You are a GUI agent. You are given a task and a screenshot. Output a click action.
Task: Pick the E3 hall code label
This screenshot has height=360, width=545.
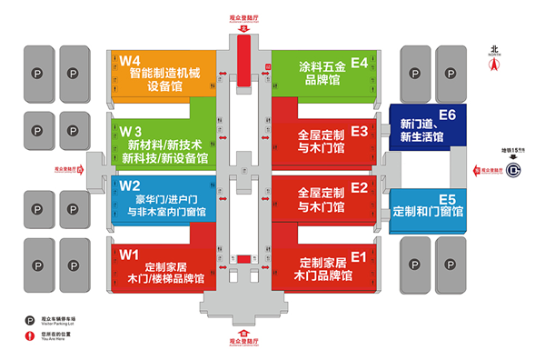(x=359, y=132)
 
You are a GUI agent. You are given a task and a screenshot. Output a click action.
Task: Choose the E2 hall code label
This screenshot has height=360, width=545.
(x=359, y=188)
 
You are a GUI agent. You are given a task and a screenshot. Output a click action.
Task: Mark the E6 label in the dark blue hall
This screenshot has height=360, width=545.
(x=446, y=115)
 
